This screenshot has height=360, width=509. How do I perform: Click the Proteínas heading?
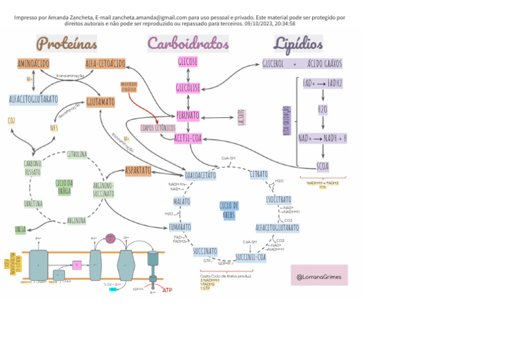click(67, 44)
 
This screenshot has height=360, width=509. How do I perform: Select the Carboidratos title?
click(188, 44)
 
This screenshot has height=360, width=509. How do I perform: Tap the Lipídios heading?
click(298, 44)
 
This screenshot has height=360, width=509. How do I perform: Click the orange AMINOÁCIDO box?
click(33, 64)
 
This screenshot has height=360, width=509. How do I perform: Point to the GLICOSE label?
click(188, 62)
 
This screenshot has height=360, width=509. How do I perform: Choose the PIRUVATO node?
click(188, 116)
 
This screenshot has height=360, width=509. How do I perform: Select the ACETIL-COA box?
click(188, 138)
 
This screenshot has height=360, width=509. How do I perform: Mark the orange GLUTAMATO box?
click(100, 102)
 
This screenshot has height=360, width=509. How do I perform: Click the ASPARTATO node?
click(138, 170)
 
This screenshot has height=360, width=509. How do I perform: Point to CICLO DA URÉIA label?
click(64, 186)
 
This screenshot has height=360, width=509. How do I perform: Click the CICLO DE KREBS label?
click(229, 210)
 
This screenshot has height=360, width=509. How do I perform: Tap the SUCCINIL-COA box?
click(251, 257)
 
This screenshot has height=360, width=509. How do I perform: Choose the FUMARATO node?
click(180, 227)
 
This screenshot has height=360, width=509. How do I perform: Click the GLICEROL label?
click(273, 64)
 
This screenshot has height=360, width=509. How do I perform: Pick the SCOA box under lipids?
click(322, 166)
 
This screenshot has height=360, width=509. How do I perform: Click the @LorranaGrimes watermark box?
click(319, 276)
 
